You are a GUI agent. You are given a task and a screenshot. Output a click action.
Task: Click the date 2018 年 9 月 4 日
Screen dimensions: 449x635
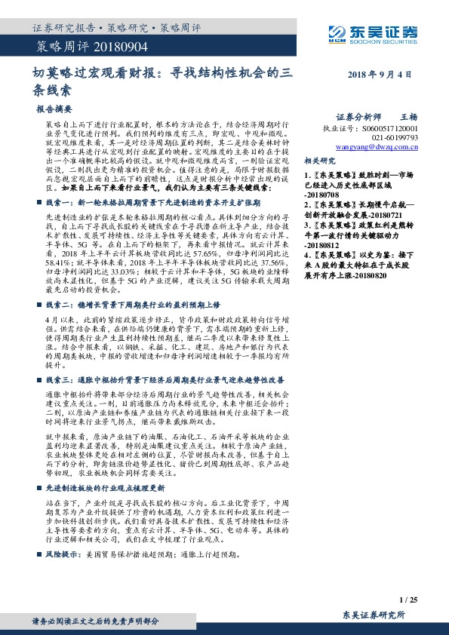coord(380,76)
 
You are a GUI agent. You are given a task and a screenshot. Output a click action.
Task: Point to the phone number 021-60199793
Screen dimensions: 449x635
coord(393,139)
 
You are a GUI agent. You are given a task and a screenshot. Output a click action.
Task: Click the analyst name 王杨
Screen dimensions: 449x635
coord(408,118)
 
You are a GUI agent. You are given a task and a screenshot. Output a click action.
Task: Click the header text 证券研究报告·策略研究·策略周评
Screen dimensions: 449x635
coord(116,29)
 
